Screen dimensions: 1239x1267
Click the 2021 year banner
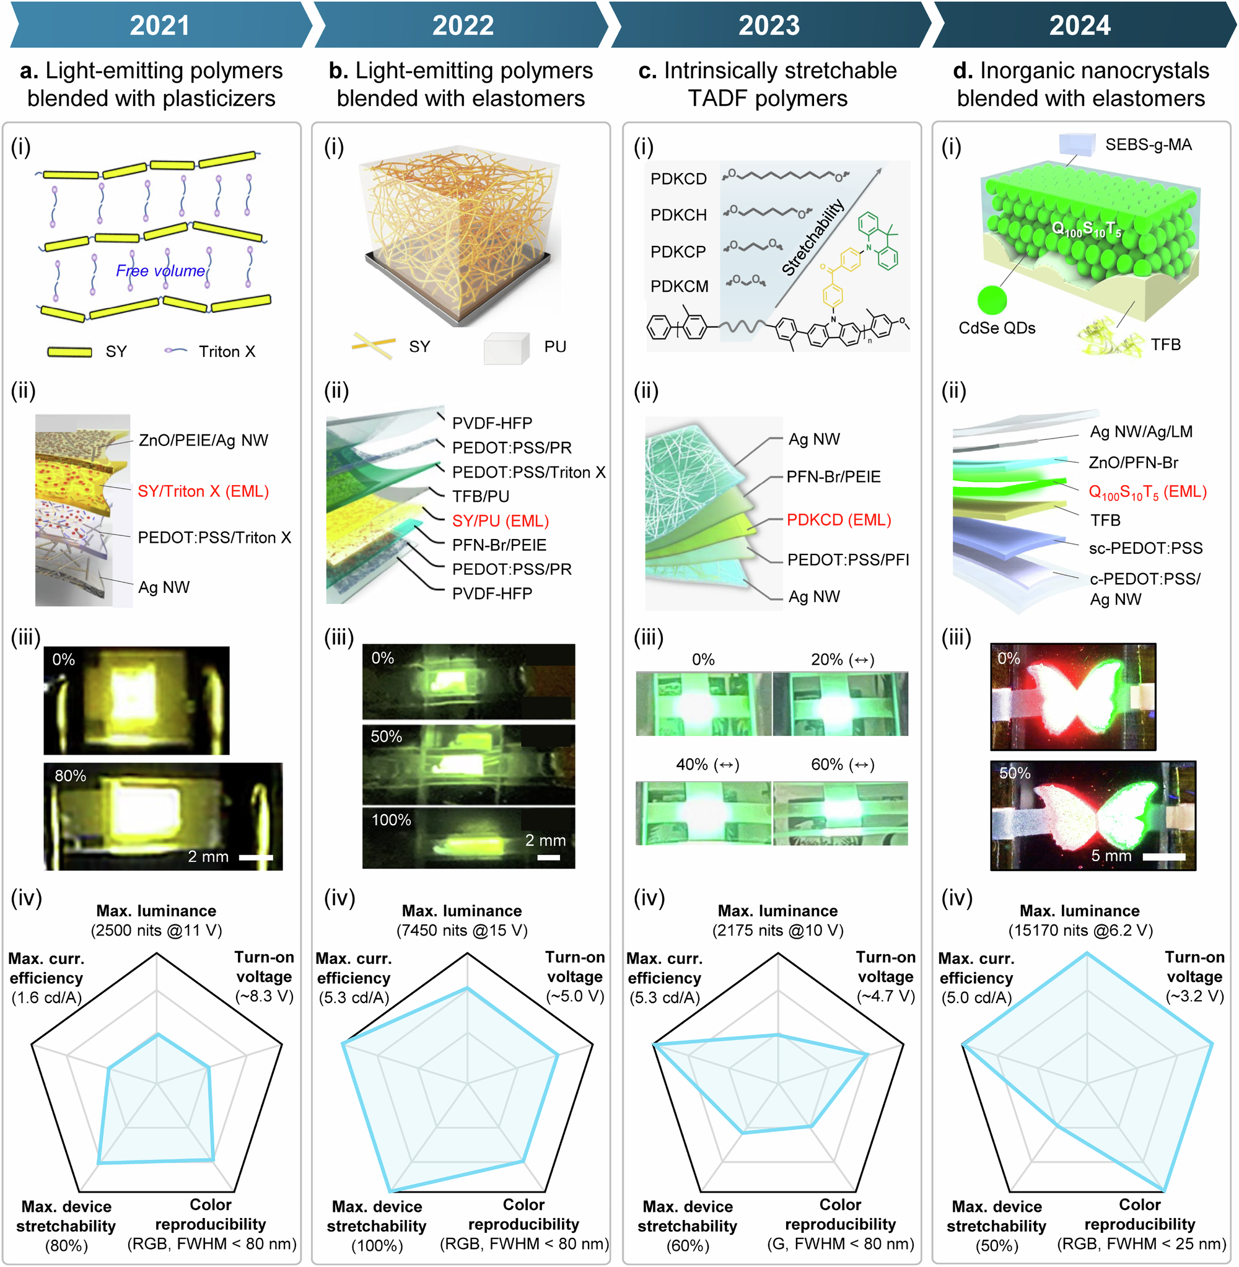click(x=160, y=25)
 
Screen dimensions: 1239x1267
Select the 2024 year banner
click(x=1080, y=25)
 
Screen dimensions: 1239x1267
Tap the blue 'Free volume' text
click(x=160, y=271)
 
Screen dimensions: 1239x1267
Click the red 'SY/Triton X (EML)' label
click(x=203, y=491)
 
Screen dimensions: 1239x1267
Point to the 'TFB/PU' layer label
click(x=481, y=496)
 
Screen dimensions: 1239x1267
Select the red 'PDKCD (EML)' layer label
click(x=839, y=520)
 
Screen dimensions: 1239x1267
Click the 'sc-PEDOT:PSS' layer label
click(x=1145, y=548)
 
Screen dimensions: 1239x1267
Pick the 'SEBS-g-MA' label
click(x=1149, y=144)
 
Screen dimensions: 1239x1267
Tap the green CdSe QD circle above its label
click(x=992, y=300)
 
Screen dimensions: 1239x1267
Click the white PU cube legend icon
click(x=506, y=349)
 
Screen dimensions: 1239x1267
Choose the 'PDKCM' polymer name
click(x=679, y=286)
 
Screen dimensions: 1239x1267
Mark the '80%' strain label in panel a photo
click(x=70, y=776)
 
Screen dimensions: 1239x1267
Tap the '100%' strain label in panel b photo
click(x=391, y=820)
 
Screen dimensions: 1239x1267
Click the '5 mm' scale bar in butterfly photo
click(x=1163, y=857)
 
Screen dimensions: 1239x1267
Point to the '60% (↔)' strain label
click(x=843, y=764)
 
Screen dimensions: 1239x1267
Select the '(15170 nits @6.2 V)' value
click(x=1080, y=931)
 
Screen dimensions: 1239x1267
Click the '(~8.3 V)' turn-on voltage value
click(x=264, y=996)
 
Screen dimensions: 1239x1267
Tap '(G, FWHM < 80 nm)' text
click(x=840, y=1243)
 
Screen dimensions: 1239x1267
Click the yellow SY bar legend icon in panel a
click(x=69, y=352)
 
